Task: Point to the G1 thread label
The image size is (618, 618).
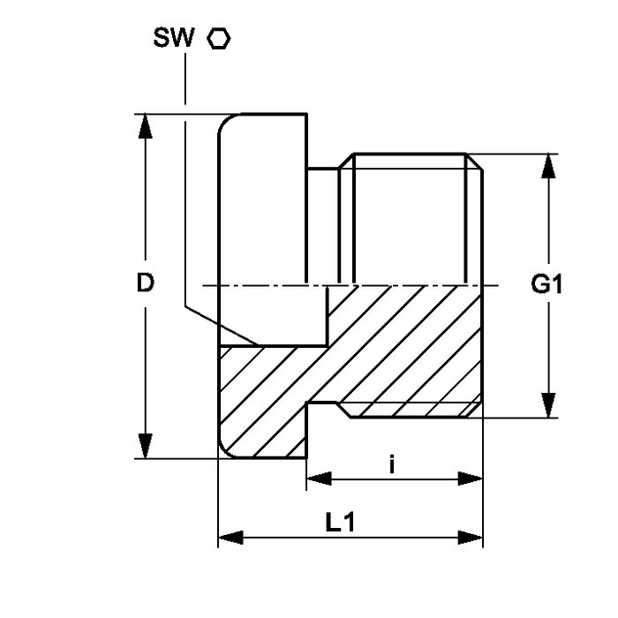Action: pyautogui.click(x=547, y=284)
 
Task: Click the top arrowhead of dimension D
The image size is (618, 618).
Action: pyautogui.click(x=147, y=124)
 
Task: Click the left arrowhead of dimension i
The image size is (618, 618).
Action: pyautogui.click(x=317, y=479)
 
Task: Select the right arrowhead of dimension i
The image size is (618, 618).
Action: pyautogui.click(x=472, y=479)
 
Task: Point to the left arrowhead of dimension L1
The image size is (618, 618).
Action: pyautogui.click(x=229, y=537)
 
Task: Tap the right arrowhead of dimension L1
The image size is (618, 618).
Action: pyautogui.click(x=472, y=537)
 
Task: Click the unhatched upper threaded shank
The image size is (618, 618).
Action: pyautogui.click(x=411, y=221)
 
